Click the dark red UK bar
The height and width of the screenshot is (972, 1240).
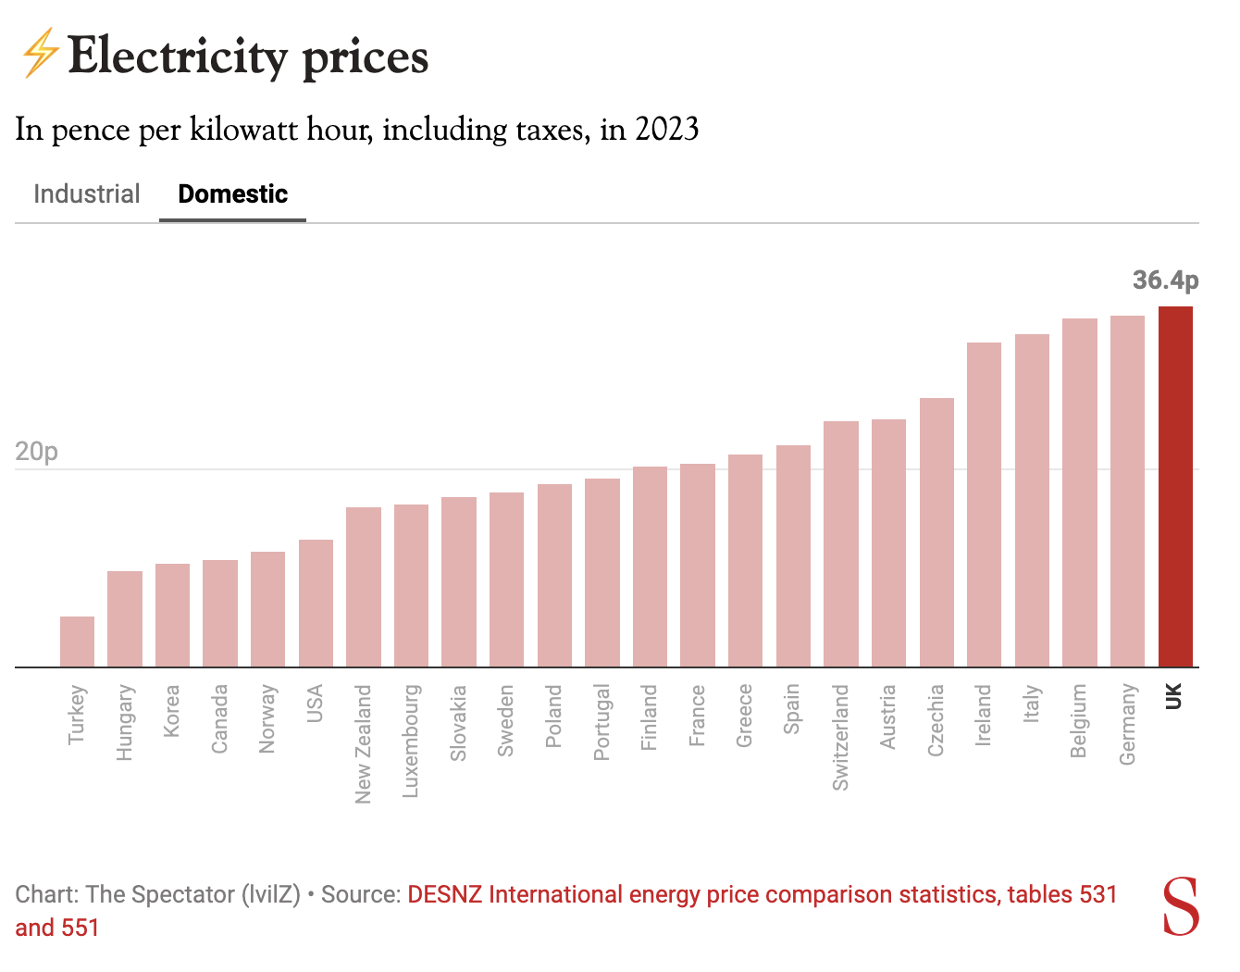pos(1175,486)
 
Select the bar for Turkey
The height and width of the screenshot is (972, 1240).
pos(77,642)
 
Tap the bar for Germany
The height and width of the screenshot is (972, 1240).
pos(1127,491)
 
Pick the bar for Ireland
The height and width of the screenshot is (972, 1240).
pos(984,505)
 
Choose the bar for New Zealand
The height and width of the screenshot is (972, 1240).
pos(364,587)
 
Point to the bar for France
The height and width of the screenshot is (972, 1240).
pos(698,565)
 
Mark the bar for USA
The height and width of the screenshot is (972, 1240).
pos(316,603)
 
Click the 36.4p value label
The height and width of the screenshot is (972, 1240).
pos(1165,280)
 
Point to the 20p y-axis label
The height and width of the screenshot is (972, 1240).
pos(37,452)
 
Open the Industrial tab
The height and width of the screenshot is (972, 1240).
pos(87,194)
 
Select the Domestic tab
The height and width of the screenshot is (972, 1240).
pos(233,194)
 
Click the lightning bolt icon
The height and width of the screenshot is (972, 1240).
pos(40,54)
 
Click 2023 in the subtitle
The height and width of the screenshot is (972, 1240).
pos(666,130)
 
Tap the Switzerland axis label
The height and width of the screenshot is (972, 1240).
pos(840,737)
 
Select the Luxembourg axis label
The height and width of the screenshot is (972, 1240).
pos(411,741)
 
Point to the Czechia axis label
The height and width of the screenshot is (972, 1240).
pos(936,720)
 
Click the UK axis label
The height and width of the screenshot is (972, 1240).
pos(1174,696)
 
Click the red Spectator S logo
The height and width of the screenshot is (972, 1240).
pos(1181,906)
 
